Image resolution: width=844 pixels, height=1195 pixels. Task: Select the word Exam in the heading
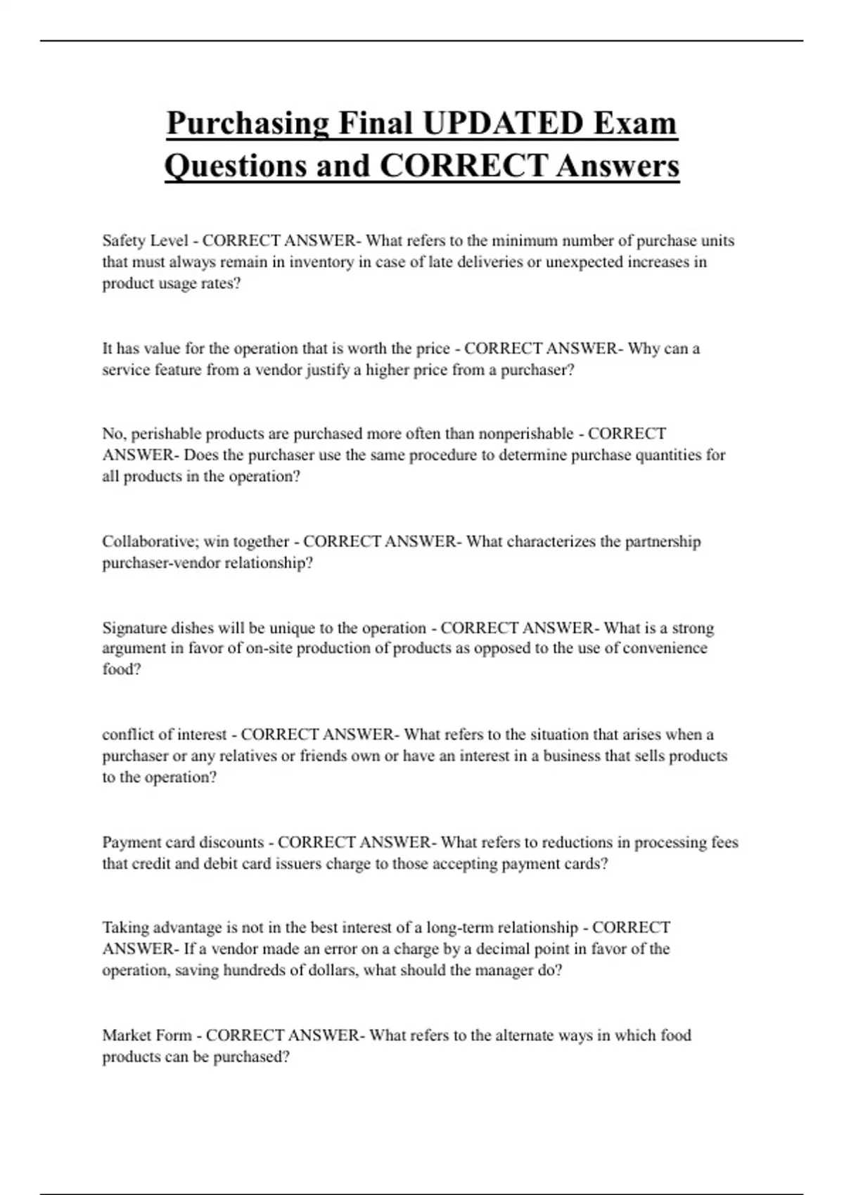pos(635,124)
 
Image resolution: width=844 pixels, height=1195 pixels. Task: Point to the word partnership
pos(663,542)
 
